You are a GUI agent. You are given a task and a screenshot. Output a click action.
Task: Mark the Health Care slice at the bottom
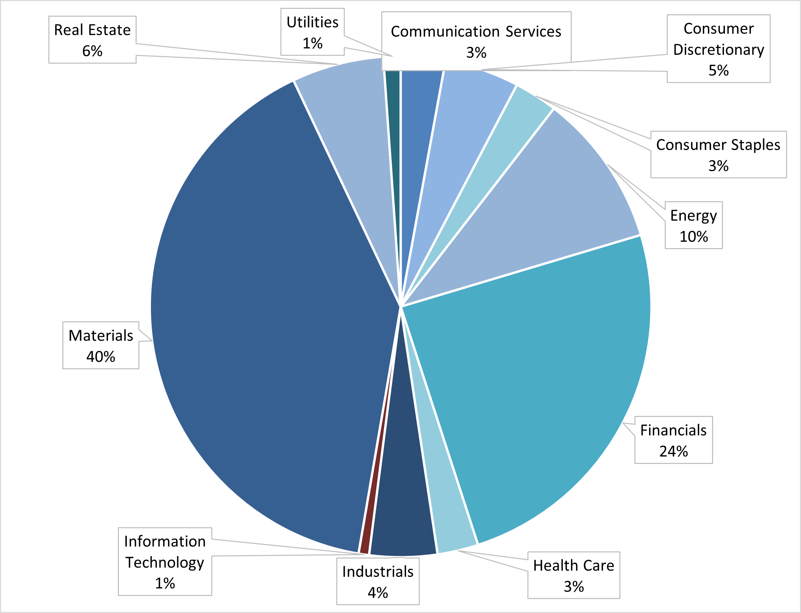click(x=451, y=526)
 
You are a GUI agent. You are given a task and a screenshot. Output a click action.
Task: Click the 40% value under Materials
click(x=101, y=356)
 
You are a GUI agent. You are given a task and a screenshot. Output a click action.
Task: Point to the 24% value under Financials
click(x=674, y=451)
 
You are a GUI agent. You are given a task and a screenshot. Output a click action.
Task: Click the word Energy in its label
click(x=693, y=216)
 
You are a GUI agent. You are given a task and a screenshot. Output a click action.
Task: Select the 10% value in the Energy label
click(x=693, y=237)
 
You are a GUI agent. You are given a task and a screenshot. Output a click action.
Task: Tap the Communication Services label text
click(x=476, y=32)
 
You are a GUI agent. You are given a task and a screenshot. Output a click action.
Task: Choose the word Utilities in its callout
click(x=312, y=22)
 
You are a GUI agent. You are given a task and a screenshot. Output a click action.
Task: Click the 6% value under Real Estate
click(x=92, y=51)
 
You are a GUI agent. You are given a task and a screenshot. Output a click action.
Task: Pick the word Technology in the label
click(x=165, y=562)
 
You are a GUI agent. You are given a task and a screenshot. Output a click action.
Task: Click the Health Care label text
click(x=573, y=566)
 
